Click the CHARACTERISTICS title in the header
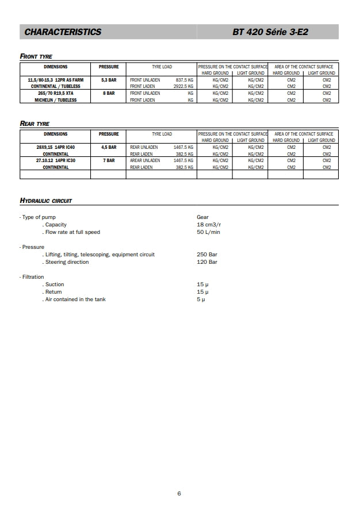(x=63, y=32)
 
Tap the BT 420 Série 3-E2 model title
(x=270, y=32)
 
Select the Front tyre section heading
(x=36, y=56)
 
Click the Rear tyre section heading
(x=35, y=124)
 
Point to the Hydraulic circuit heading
(x=46, y=201)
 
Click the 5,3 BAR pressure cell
(x=109, y=80)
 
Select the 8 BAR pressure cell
(x=109, y=93)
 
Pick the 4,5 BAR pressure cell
(x=109, y=147)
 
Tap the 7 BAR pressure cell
(x=109, y=160)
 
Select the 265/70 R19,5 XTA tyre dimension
(x=56, y=93)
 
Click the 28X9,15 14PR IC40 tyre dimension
(x=56, y=147)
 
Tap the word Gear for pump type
(x=202, y=217)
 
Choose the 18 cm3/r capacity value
(x=209, y=225)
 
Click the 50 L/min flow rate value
(x=208, y=232)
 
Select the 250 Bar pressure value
(x=207, y=255)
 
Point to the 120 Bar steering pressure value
(x=207, y=262)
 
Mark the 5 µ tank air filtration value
(x=201, y=299)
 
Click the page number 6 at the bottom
(x=179, y=494)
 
